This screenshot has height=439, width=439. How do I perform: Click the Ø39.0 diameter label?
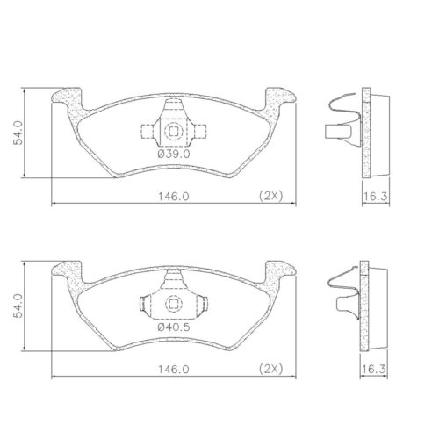click(x=172, y=154)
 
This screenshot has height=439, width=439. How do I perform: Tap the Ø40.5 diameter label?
click(x=172, y=328)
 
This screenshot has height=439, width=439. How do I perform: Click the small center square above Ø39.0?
click(x=173, y=133)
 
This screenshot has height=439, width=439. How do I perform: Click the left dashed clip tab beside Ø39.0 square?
click(x=147, y=133)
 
